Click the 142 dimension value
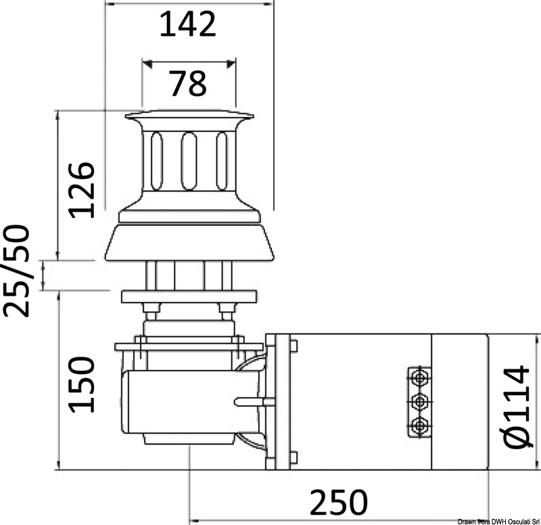point(187,25)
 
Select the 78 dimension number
point(187,83)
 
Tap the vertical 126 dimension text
point(83,189)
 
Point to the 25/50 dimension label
point(16,271)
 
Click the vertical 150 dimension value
point(83,385)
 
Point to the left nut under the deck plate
point(152,311)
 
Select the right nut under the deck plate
point(225,311)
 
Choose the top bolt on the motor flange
point(293,348)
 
